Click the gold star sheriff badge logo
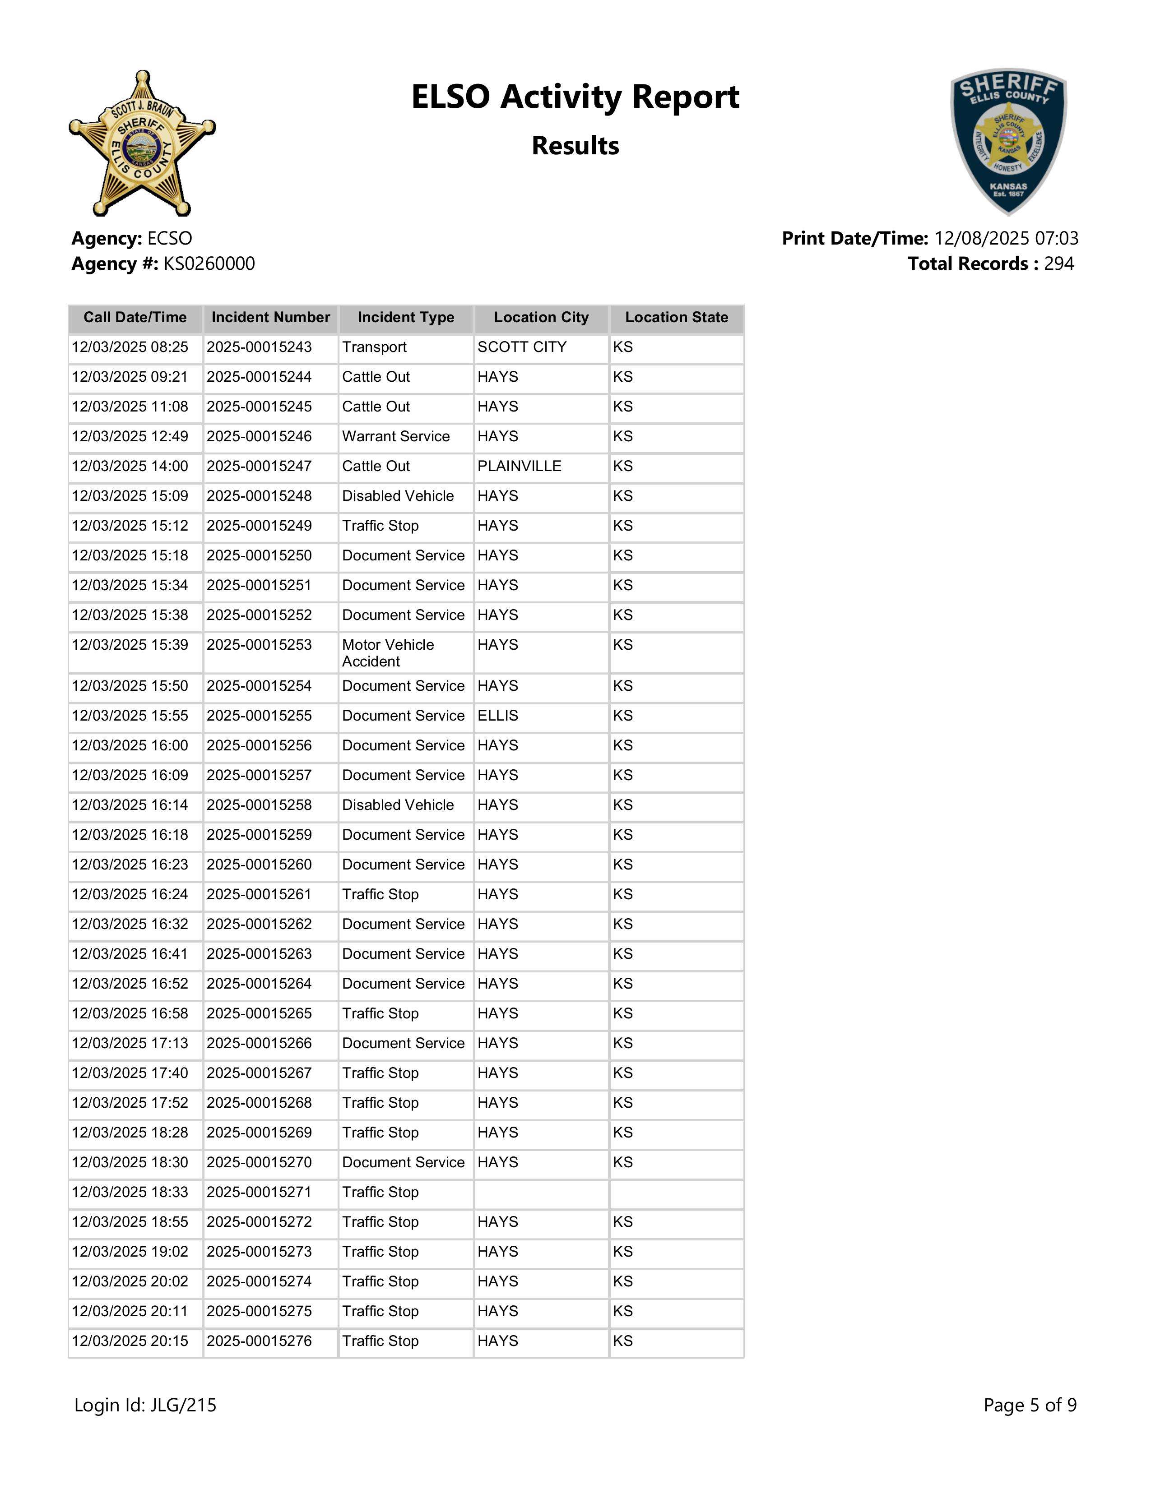142,144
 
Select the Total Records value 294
1058,264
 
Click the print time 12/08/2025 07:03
1006,239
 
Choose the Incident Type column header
406,318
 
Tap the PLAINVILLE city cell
519,467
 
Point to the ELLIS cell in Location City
498,716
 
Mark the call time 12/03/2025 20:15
130,1341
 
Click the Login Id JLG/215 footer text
145,1405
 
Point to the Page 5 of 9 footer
1030,1405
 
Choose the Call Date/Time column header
135,318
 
